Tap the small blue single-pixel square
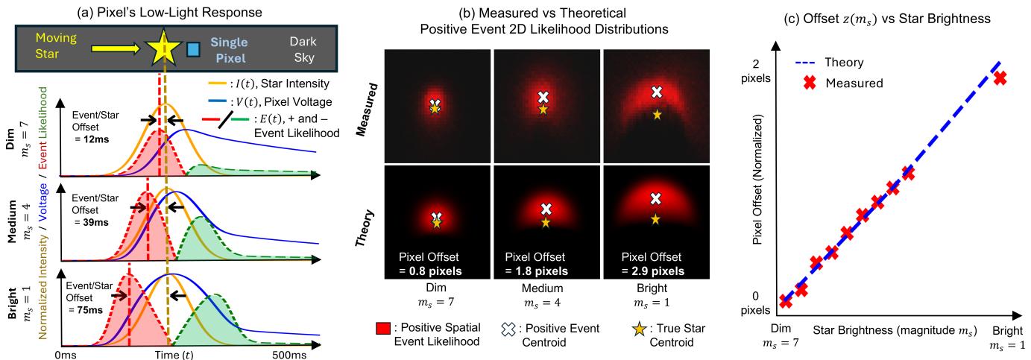(193, 49)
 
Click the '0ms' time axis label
(66, 355)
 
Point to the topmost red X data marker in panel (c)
(1000, 78)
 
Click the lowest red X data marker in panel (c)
(785, 301)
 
